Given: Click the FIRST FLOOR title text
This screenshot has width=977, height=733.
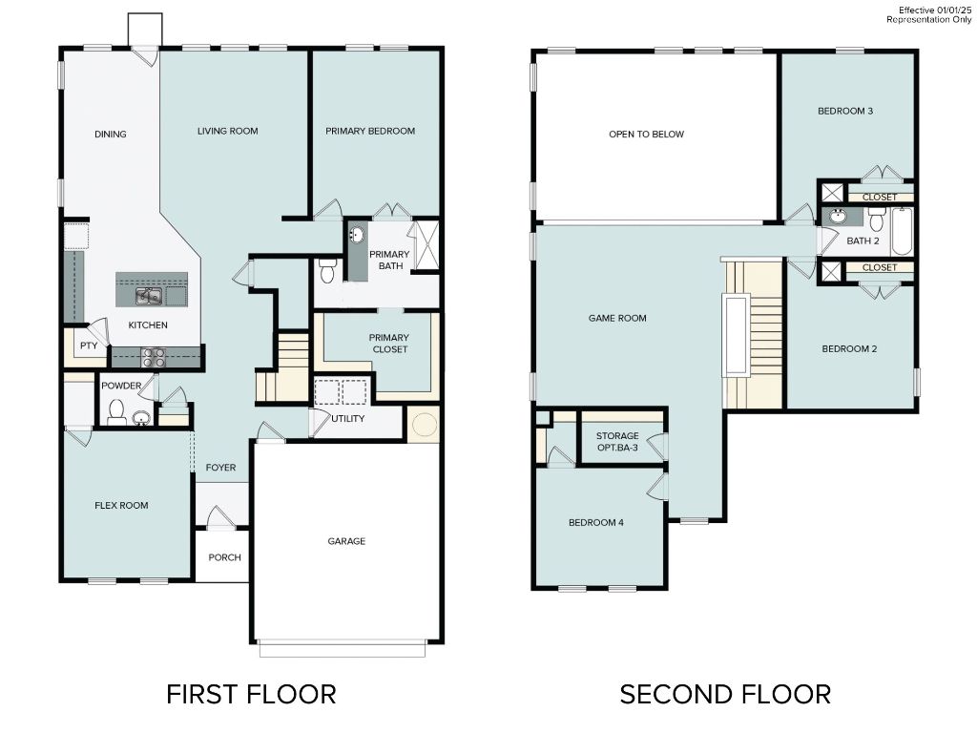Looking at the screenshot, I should click(251, 694).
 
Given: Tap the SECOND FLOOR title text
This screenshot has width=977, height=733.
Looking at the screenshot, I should click(725, 694).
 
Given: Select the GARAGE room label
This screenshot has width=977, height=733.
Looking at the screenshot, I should click(346, 541).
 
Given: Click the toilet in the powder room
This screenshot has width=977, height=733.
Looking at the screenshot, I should click(116, 411).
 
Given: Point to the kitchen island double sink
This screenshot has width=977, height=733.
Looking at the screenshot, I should click(148, 297).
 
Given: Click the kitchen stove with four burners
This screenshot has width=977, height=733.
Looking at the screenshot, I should click(154, 357).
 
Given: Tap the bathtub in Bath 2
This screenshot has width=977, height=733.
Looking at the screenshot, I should click(902, 232).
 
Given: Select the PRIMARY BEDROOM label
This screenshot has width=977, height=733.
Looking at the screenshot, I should click(370, 131).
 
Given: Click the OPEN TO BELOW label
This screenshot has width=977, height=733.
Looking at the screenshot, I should click(646, 135).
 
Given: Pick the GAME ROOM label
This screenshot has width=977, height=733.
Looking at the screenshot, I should click(617, 318).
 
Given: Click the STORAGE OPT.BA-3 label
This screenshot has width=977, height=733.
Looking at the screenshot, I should click(617, 442).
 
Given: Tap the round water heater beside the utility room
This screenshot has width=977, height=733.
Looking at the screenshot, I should click(424, 421).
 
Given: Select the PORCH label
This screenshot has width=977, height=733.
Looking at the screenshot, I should click(224, 557).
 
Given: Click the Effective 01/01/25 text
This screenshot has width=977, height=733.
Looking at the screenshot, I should click(932, 10).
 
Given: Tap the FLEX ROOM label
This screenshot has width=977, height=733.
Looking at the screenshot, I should click(121, 505).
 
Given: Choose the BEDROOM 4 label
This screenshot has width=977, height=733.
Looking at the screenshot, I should click(596, 522).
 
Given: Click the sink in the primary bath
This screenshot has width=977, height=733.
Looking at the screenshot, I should click(357, 235).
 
